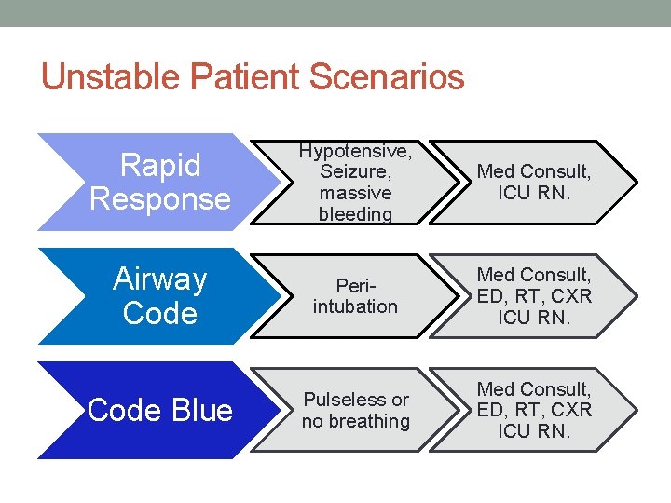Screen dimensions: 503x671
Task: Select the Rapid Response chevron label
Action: pyautogui.click(x=159, y=183)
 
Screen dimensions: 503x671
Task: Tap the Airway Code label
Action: pyautogui.click(x=159, y=296)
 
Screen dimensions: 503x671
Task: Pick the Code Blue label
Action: pyautogui.click(x=159, y=410)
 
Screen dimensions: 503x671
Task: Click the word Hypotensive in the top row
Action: pyautogui.click(x=355, y=151)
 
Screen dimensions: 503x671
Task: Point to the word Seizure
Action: pyautogui.click(x=354, y=172)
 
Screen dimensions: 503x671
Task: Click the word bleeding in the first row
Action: pyautogui.click(x=355, y=214)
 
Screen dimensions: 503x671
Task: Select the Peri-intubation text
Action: pyautogui.click(x=355, y=296)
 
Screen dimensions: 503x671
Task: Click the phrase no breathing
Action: pyautogui.click(x=355, y=421)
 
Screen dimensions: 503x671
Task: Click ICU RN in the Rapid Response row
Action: pyautogui.click(x=534, y=194)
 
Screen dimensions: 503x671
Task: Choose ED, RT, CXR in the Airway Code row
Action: pyautogui.click(x=534, y=296)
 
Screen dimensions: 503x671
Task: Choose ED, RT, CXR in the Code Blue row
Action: pyautogui.click(x=534, y=410)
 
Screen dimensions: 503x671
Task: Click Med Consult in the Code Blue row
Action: pyautogui.click(x=534, y=388)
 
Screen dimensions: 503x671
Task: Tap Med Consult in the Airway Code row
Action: pyautogui.click(x=534, y=275)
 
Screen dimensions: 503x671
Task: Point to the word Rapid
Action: pyautogui.click(x=160, y=166)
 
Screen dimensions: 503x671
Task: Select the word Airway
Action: pyautogui.click(x=159, y=279)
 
